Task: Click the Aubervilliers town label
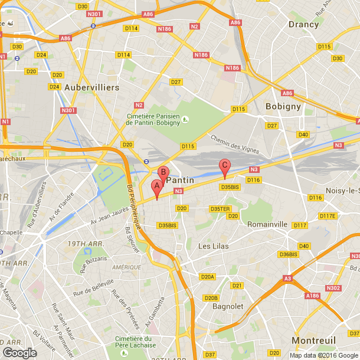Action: point(91,87)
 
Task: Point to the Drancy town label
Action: point(303,24)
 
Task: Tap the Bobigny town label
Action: point(283,107)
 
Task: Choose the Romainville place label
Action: point(267,224)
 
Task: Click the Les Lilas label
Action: point(212,246)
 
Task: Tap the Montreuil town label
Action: point(313,341)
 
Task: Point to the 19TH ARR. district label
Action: point(85,244)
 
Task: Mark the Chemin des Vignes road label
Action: point(234,143)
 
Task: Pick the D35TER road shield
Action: point(220,209)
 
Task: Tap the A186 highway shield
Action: point(313,295)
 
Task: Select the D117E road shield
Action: point(327,216)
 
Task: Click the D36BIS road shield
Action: point(288,254)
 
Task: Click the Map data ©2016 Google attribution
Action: point(323,355)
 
